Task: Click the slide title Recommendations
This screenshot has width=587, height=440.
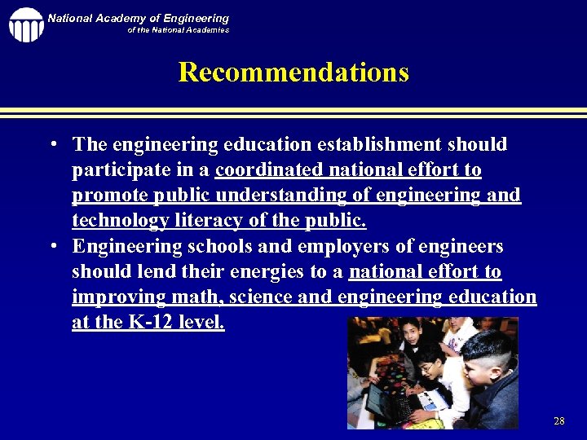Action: coord(293,73)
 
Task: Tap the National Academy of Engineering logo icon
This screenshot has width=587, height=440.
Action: coord(26,24)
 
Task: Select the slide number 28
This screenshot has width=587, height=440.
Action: coord(558,421)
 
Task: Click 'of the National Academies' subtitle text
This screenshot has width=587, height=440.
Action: coord(178,30)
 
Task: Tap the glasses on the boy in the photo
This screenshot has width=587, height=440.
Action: coord(426,368)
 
